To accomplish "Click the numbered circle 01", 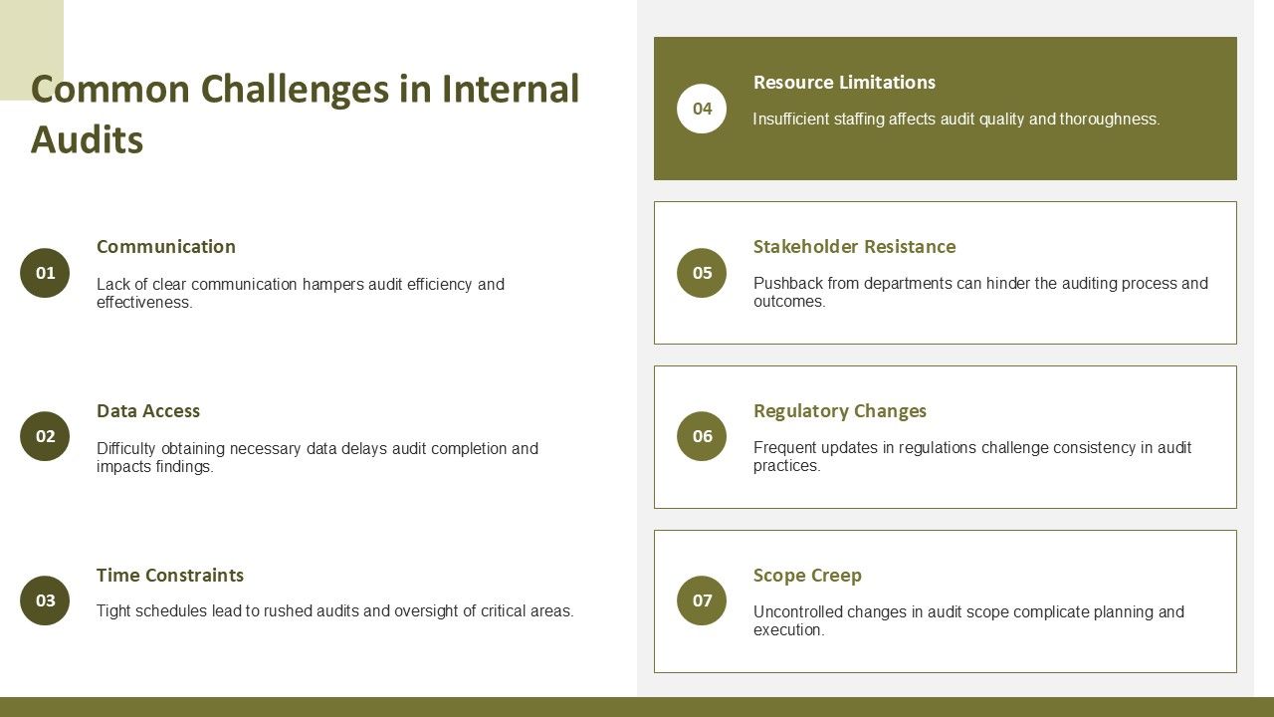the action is (x=45, y=273).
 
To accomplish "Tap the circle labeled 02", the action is (x=45, y=436).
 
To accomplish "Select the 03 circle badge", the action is (x=45, y=600).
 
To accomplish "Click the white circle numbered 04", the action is (x=702, y=109).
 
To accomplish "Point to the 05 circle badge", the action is (x=702, y=273).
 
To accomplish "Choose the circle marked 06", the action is (x=702, y=436).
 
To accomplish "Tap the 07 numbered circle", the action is (x=702, y=600).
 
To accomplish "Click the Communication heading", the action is (x=166, y=246).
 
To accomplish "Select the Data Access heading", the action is (x=148, y=411).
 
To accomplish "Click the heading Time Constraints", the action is (x=170, y=576).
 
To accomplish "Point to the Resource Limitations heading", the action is (x=845, y=83).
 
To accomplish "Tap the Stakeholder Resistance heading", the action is (x=855, y=246).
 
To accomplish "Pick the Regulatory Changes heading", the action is (x=840, y=411).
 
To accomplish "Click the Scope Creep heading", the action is (x=807, y=576).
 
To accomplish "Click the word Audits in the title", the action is (x=87, y=140).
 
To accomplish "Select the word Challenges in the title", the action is (x=296, y=90).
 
